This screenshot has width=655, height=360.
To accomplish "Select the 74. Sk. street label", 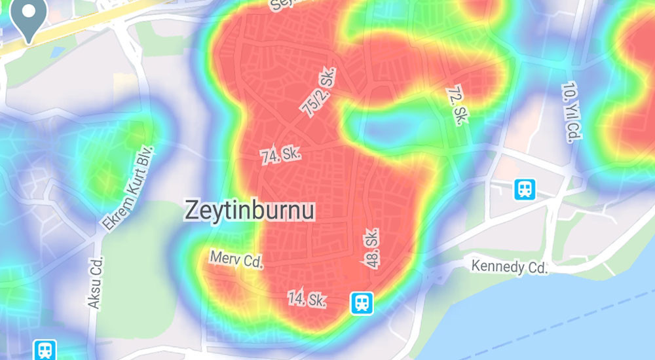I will point(280,156).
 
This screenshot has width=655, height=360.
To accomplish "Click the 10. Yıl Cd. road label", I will point(572,112).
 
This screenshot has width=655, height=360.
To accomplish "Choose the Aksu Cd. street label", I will point(96,283).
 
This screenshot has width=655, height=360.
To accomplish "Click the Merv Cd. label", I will point(236,260).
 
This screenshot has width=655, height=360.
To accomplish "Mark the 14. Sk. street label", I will point(307,299).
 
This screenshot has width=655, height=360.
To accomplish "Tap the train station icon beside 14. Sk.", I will point(361,302).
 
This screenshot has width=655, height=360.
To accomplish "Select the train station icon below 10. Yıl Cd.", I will point(525,189).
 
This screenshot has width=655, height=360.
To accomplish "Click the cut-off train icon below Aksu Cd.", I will point(45,350).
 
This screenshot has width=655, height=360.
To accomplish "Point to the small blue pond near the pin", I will point(57,50).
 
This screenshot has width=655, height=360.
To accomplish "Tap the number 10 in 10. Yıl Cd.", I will point(567,90).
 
